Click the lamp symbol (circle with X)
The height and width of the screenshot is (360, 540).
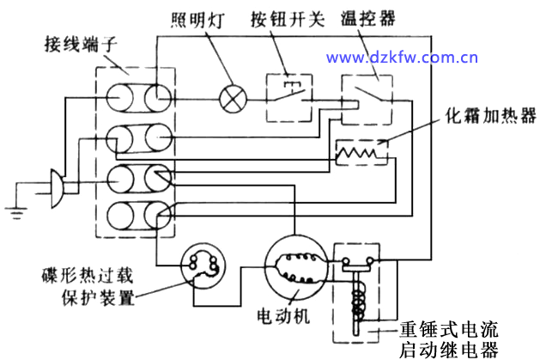(233, 96)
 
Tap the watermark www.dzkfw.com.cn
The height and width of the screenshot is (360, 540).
(401, 58)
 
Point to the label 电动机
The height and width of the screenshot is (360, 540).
(282, 316)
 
